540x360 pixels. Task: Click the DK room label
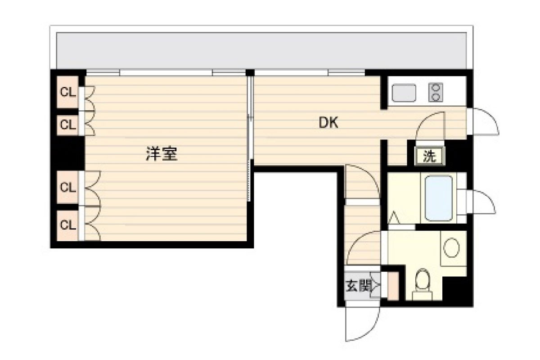point(328,122)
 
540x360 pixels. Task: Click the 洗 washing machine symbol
point(430,156)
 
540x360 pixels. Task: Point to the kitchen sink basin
point(404,93)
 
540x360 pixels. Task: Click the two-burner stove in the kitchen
point(436,92)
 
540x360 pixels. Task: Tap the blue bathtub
point(438,198)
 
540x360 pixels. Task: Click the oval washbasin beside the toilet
point(451,247)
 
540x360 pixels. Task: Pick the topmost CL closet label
point(68,92)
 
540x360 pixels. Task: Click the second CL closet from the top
point(68,125)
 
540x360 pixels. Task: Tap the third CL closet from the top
point(68,187)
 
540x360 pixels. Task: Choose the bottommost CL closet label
point(68,225)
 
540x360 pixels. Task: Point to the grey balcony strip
point(261,51)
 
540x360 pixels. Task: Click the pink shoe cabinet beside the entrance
point(393,286)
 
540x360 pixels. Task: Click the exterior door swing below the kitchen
point(491,118)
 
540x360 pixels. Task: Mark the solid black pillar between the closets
point(67,153)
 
